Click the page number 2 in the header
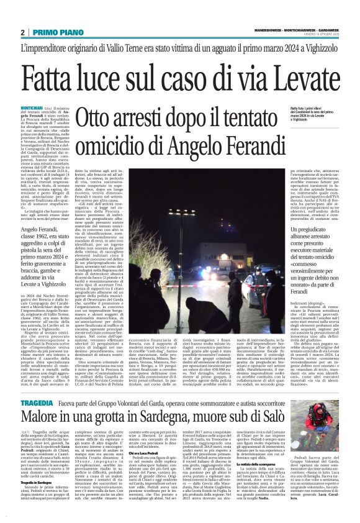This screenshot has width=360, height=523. tap(22, 32)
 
